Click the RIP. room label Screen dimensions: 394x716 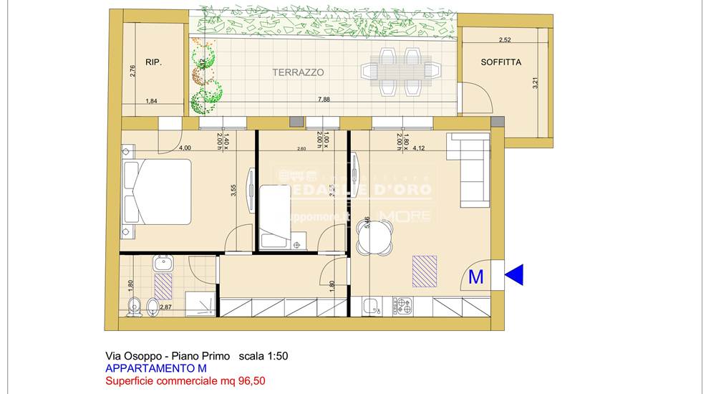(x=153, y=62)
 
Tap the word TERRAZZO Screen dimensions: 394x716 (x=298, y=72)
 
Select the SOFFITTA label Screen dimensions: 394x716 (x=501, y=62)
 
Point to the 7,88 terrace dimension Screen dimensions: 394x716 (x=324, y=100)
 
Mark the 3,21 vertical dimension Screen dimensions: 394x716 (x=534, y=83)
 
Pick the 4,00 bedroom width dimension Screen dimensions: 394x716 (x=185, y=148)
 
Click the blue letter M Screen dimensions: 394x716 (x=475, y=277)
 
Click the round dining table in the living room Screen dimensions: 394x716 (x=375, y=237)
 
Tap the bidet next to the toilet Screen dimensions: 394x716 (x=153, y=308)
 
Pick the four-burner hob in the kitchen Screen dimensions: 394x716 (x=404, y=306)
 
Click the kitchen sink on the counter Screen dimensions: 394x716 (x=372, y=307)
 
